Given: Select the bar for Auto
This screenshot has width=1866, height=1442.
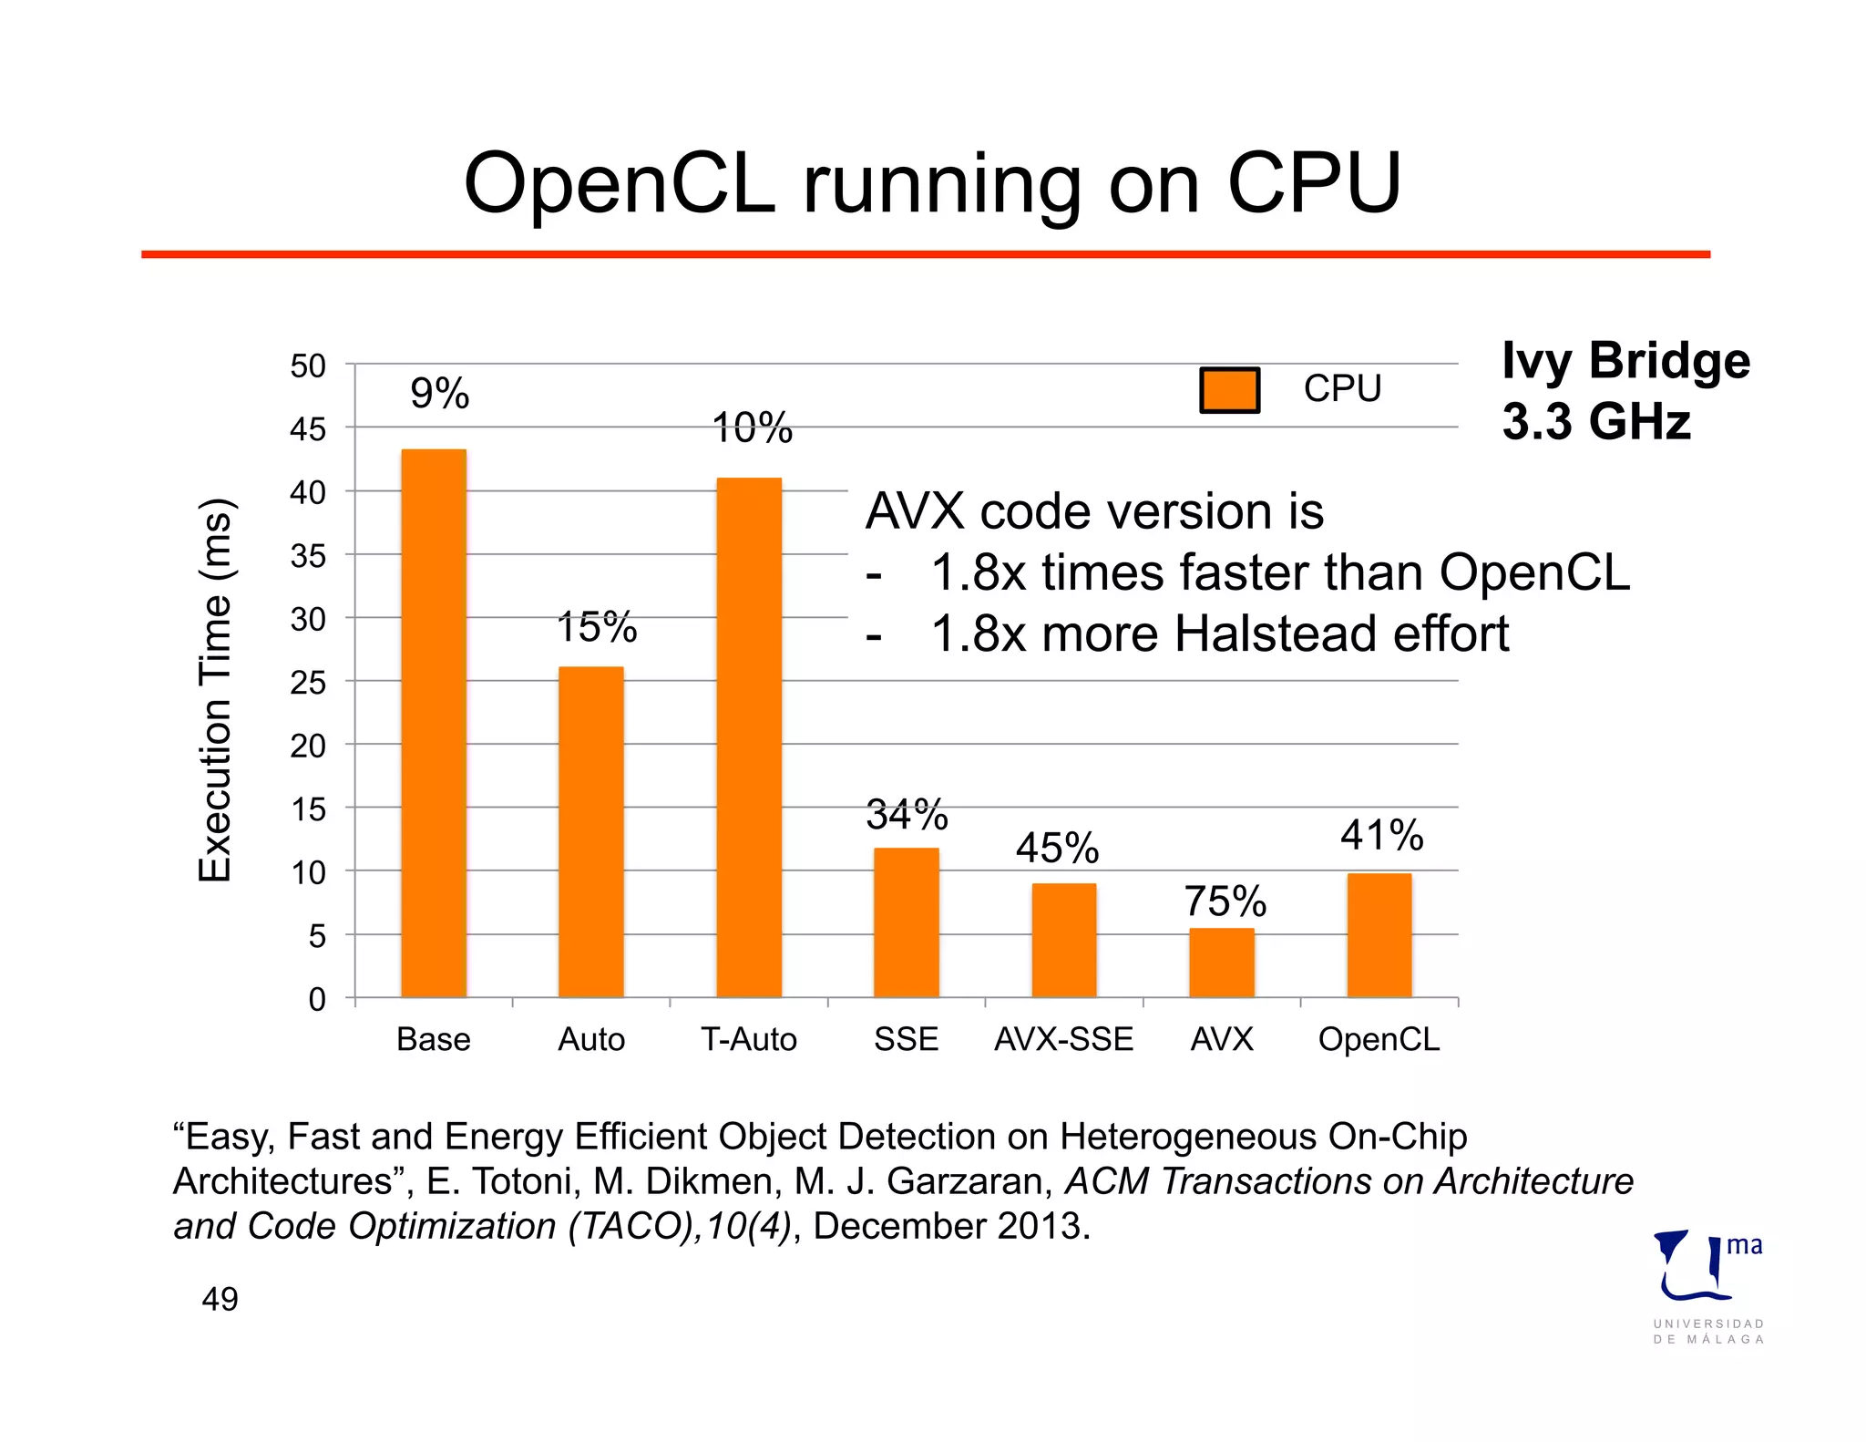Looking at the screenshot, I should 591,831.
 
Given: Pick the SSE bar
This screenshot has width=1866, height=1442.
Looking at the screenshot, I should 907,922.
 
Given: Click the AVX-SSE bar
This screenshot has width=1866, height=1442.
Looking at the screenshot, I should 1064,940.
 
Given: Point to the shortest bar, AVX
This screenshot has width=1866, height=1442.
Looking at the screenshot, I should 1222,963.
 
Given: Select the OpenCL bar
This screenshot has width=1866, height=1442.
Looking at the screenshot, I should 1379,935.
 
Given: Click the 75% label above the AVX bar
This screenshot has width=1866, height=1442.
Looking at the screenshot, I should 1225,901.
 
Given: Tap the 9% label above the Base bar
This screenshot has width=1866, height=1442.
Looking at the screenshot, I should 440,394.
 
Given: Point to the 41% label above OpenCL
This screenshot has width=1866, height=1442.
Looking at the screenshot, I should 1381,835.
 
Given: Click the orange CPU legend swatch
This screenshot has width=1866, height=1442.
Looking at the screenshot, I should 1229,390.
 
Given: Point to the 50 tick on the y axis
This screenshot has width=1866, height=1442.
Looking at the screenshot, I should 308,366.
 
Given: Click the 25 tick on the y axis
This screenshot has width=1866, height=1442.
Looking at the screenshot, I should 308,683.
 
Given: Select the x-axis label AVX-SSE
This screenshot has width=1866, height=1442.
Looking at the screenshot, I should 1063,1039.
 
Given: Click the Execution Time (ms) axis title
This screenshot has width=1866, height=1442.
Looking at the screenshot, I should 216,690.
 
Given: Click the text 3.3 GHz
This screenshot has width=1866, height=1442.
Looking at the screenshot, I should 1596,422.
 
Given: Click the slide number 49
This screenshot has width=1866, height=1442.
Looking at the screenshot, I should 220,1299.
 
